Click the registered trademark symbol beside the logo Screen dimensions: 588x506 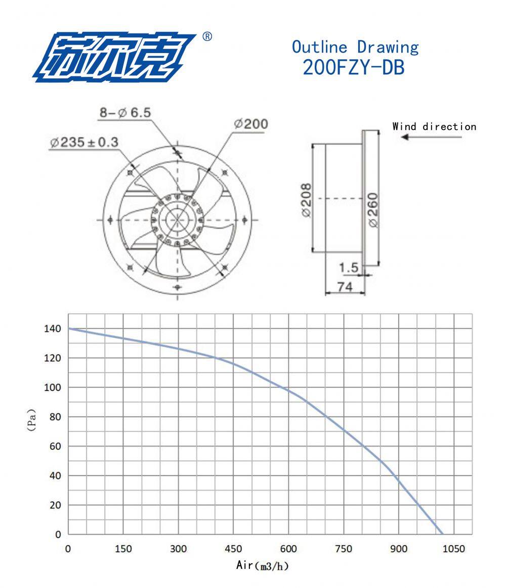click(207, 37)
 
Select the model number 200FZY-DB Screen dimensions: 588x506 click(354, 67)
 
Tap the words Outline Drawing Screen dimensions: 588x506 click(355, 47)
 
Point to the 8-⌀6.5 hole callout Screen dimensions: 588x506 click(124, 113)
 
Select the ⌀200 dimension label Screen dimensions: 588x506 click(251, 124)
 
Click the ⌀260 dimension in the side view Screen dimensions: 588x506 click(373, 210)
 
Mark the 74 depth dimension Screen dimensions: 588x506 click(344, 287)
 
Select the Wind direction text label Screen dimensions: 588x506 click(434, 126)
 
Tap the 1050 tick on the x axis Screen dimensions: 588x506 click(453, 549)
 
